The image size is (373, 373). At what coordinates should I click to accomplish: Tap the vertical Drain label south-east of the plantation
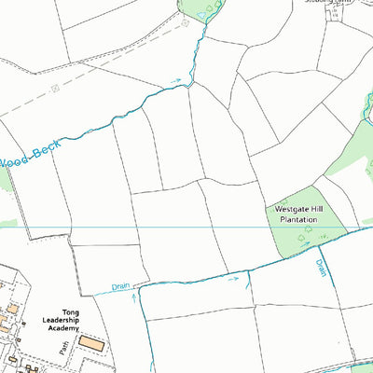pyautogui.click(x=321, y=268)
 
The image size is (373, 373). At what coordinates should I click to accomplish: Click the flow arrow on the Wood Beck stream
pyautogui.click(x=176, y=82)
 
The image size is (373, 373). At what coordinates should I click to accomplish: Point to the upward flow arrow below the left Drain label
pyautogui.click(x=134, y=299)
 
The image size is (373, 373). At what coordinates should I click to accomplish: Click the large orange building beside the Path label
pyautogui.click(x=90, y=343)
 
